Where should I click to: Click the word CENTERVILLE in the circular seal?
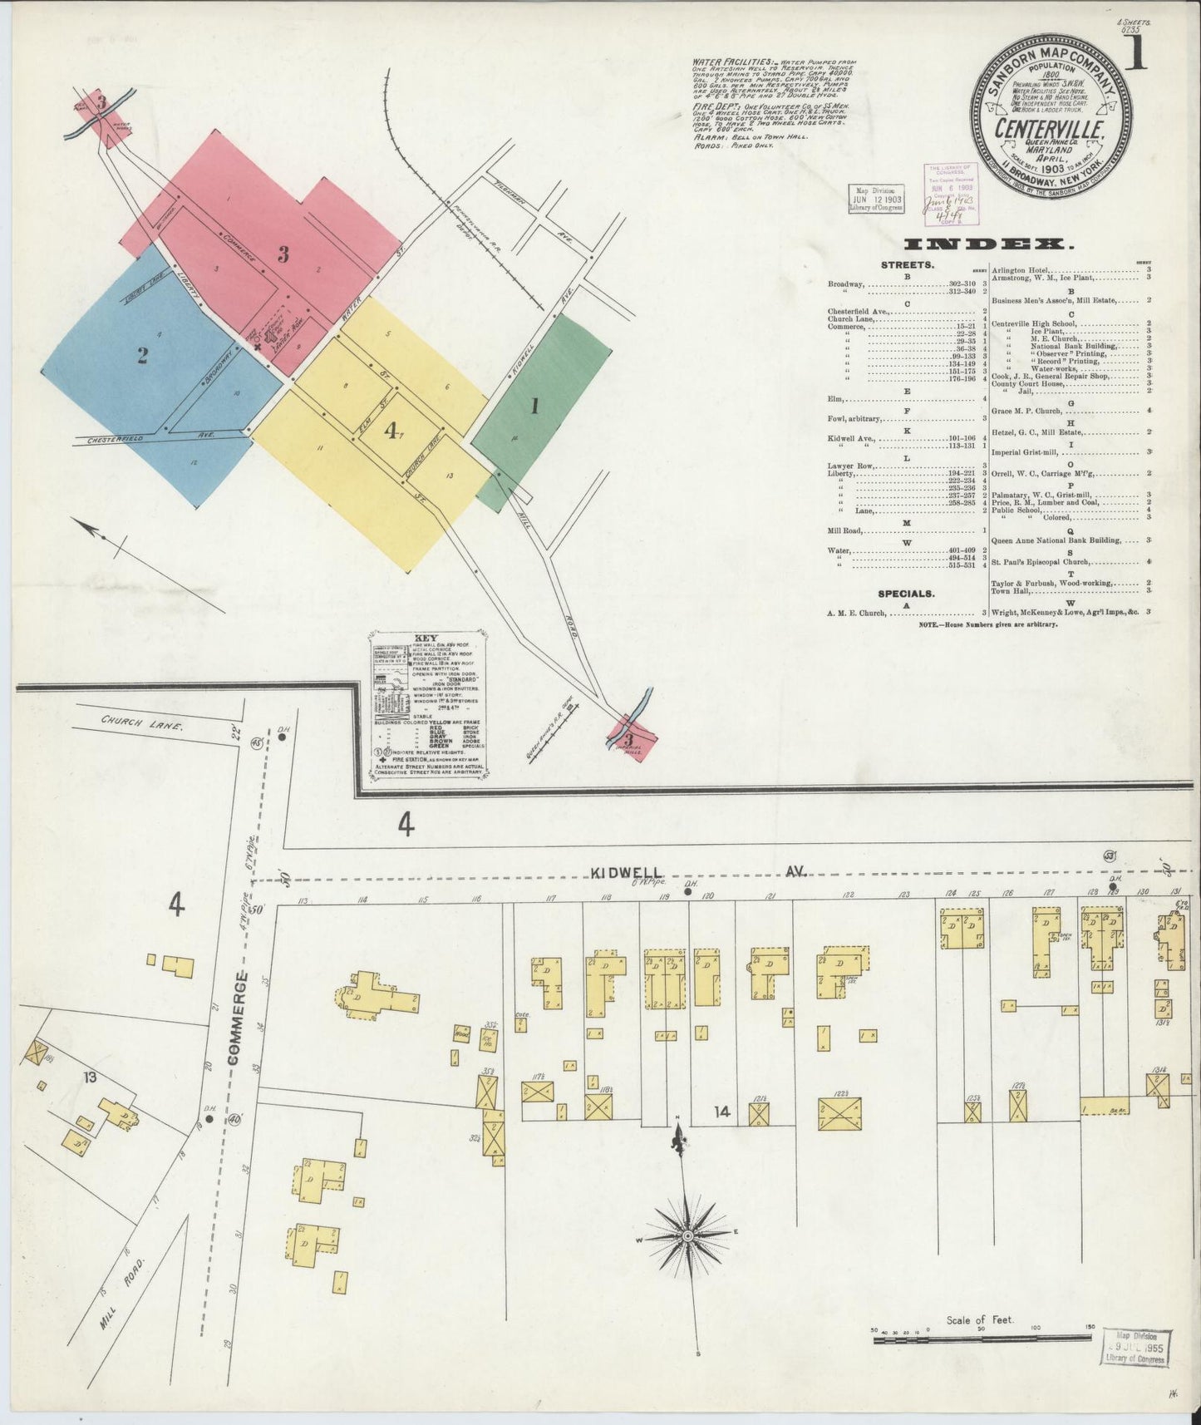click(x=1051, y=130)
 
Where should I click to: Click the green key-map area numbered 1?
click(x=534, y=407)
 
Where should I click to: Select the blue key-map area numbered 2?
click(x=143, y=356)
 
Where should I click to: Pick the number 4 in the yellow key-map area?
click(x=390, y=430)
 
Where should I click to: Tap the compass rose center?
click(x=687, y=1237)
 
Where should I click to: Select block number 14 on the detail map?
click(x=719, y=1110)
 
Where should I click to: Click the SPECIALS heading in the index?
click(x=906, y=594)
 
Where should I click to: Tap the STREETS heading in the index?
click(x=907, y=265)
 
